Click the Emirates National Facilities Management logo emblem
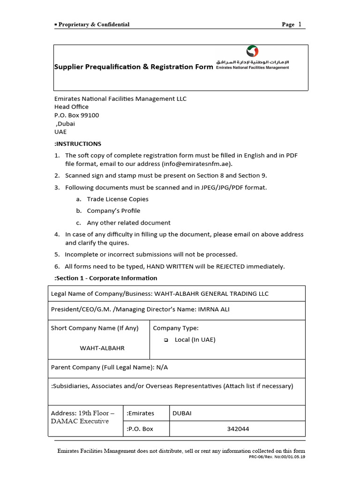(252, 52)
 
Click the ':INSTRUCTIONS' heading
(78, 144)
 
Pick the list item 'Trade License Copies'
(118, 199)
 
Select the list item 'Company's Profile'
(113, 211)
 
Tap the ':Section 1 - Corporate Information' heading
(106, 278)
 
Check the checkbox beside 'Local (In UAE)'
(166, 340)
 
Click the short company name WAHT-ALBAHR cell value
(102, 348)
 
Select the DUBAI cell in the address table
(182, 413)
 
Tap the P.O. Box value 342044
(238, 429)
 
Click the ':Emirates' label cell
(141, 413)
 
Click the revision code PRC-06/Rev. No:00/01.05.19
(277, 457)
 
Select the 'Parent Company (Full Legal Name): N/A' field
(109, 367)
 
